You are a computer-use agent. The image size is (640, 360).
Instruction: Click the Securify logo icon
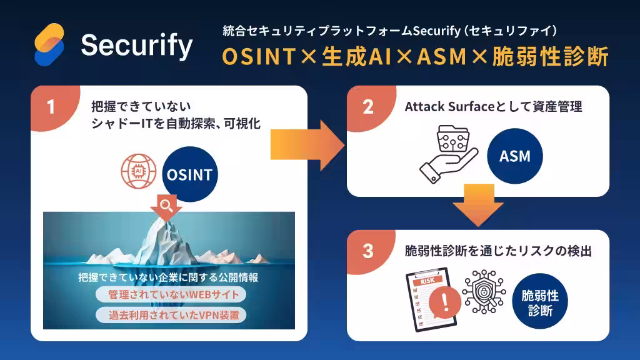49,44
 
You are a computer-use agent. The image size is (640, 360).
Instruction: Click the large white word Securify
137,46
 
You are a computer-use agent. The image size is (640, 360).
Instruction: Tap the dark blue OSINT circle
190,174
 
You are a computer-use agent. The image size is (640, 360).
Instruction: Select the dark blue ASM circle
515,156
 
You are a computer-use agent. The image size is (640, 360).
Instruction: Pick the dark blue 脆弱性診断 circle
540,301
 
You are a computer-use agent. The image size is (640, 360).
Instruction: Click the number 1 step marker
51,107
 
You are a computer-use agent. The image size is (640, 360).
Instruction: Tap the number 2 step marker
368,107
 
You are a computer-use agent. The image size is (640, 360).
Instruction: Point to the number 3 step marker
368,251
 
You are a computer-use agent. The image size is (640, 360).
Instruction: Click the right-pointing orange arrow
307,145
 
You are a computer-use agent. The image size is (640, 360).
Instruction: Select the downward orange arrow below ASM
478,205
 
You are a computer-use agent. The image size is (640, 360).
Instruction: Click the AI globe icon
138,171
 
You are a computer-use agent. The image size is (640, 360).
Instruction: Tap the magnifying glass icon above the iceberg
166,205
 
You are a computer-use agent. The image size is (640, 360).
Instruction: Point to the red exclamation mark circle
445,302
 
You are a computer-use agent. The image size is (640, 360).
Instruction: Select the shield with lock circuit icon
484,292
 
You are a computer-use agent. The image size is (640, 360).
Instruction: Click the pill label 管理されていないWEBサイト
171,294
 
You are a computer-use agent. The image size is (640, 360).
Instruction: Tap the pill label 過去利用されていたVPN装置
171,315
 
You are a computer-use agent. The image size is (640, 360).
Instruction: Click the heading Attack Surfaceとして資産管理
493,107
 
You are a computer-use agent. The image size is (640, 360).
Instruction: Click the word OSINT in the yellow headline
259,56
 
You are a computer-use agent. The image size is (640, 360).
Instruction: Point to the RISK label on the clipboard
427,281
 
